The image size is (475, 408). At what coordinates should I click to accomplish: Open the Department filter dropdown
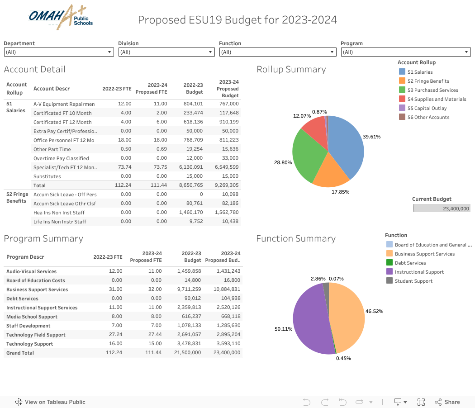point(58,52)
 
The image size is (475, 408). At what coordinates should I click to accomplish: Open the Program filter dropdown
point(405,52)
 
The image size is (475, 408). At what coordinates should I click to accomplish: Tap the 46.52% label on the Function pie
point(374,312)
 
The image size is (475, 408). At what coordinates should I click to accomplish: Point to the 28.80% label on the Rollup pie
point(283,162)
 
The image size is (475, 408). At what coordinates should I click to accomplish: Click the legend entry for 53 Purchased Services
point(432,90)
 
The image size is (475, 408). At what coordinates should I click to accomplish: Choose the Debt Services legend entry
point(410,263)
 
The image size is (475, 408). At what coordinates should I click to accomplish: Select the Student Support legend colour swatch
point(389,281)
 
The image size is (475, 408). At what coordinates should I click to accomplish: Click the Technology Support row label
point(29,344)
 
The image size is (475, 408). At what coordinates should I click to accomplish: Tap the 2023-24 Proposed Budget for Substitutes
point(230,176)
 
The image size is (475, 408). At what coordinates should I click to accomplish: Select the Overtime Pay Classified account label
point(61,158)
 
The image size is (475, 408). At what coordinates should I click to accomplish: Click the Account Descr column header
point(52,89)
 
